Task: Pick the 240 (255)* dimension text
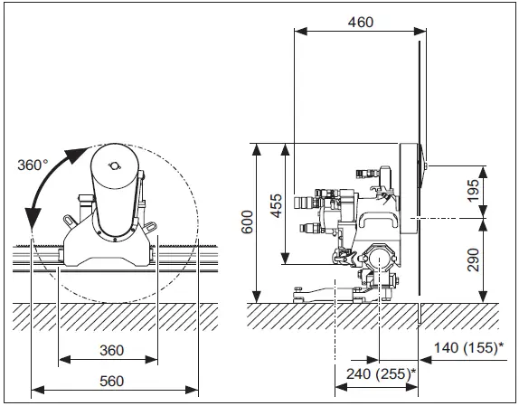point(374,373)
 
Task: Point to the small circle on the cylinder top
point(114,164)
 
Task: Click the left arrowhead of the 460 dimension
point(297,30)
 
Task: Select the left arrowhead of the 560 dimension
point(34,391)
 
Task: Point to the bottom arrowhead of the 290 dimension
point(486,298)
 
